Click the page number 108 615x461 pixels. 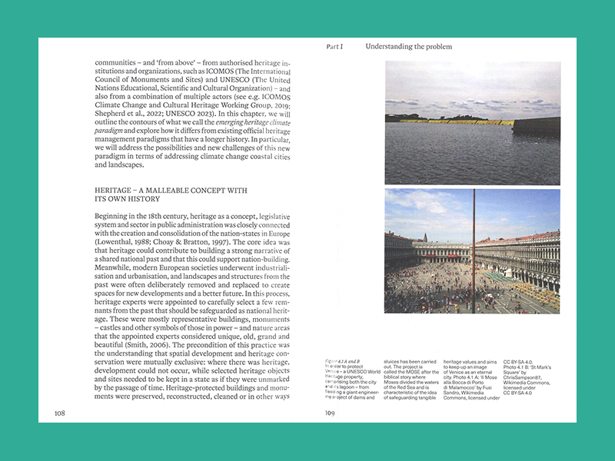[x=59, y=413]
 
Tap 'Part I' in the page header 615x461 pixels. [x=334, y=47]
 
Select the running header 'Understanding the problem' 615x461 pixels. [x=408, y=47]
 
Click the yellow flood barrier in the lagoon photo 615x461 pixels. [x=461, y=121]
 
